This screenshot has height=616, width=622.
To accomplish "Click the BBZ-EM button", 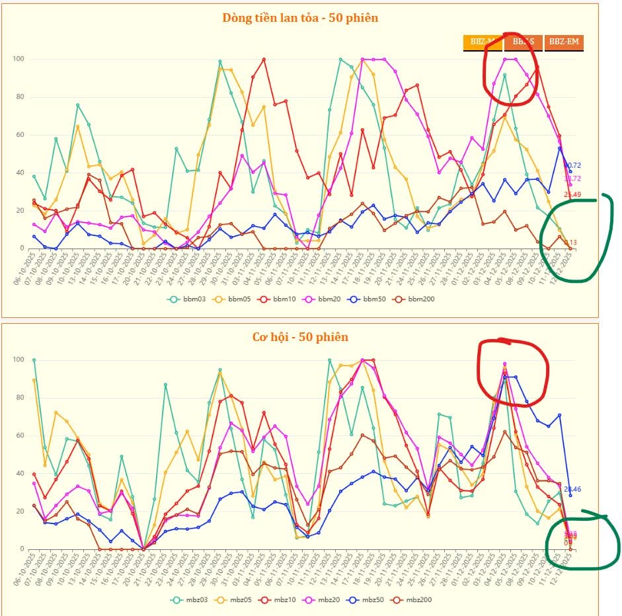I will click(564, 43).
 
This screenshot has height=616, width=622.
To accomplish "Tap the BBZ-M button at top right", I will click(483, 43).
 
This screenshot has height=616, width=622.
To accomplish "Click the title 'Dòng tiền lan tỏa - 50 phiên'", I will click(300, 18).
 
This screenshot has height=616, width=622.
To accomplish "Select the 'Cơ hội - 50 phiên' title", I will click(300, 337).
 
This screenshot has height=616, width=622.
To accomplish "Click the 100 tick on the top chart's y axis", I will click(19, 59).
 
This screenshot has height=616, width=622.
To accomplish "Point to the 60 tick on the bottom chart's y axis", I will click(20, 436).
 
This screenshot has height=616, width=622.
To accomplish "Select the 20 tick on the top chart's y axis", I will click(20, 211).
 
